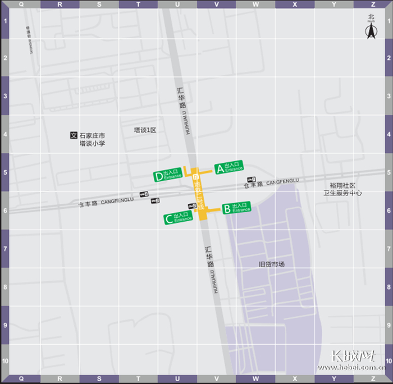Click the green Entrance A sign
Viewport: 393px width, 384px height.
[229, 167]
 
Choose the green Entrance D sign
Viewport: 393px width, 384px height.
[168, 176]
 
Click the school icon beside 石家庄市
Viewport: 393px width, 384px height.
[72, 135]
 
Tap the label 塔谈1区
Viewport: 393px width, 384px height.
[144, 130]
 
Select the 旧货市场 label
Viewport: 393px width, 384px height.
[271, 264]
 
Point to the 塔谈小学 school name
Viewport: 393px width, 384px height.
[92, 144]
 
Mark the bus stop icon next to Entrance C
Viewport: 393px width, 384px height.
[190, 205]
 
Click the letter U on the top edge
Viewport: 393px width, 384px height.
[177, 4]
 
